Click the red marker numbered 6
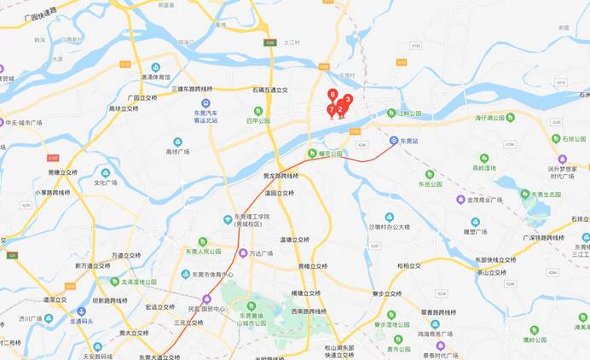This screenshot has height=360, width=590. (333, 95)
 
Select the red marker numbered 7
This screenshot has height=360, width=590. (331, 110)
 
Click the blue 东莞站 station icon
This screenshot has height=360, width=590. (393, 140)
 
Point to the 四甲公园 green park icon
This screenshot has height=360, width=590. (258, 110)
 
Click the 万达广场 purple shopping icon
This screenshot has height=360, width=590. (243, 253)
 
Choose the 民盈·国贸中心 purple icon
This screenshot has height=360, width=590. (206, 299)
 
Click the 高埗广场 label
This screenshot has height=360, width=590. (177, 152)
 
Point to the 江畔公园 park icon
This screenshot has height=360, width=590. (392, 113)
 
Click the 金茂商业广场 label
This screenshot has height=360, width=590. (485, 200)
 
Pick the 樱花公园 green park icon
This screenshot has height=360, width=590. (312, 153)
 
